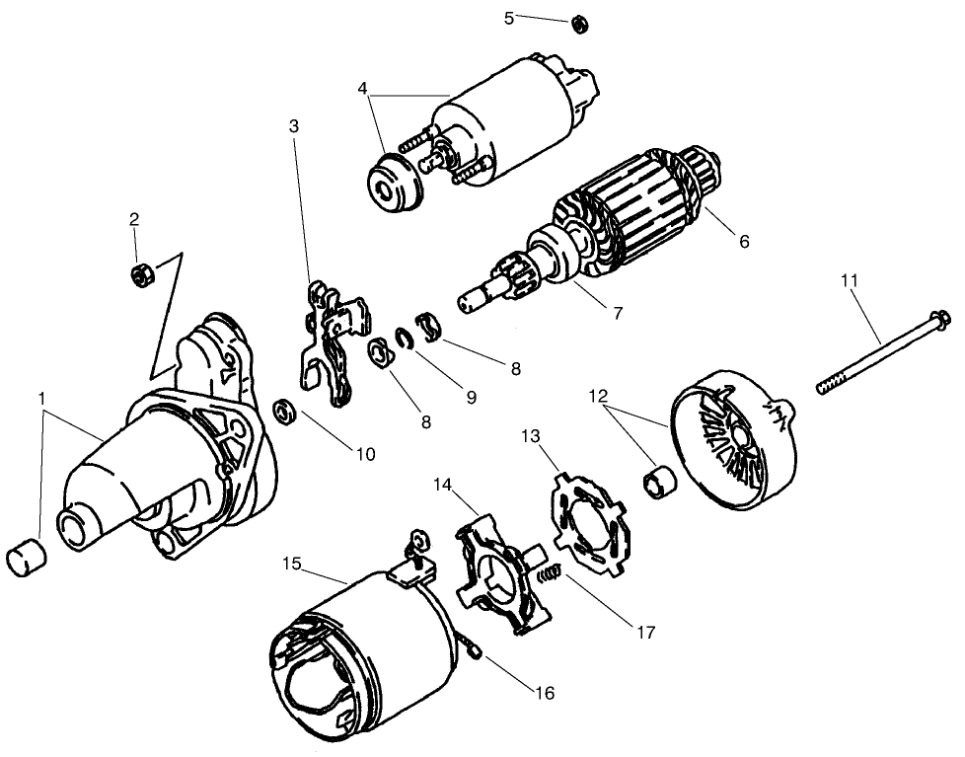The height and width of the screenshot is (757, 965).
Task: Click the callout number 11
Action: (x=850, y=281)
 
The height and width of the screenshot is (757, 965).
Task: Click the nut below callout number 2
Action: (x=140, y=275)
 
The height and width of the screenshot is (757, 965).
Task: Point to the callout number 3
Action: (x=294, y=125)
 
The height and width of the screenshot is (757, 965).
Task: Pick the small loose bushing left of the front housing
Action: (x=25, y=559)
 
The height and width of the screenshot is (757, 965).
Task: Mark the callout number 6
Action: (x=743, y=241)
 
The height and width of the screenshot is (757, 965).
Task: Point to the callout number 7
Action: (x=618, y=313)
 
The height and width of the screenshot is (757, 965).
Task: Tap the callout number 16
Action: (x=544, y=694)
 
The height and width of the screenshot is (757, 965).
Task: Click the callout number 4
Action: (x=364, y=88)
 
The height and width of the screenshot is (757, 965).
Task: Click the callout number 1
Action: (x=41, y=397)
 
